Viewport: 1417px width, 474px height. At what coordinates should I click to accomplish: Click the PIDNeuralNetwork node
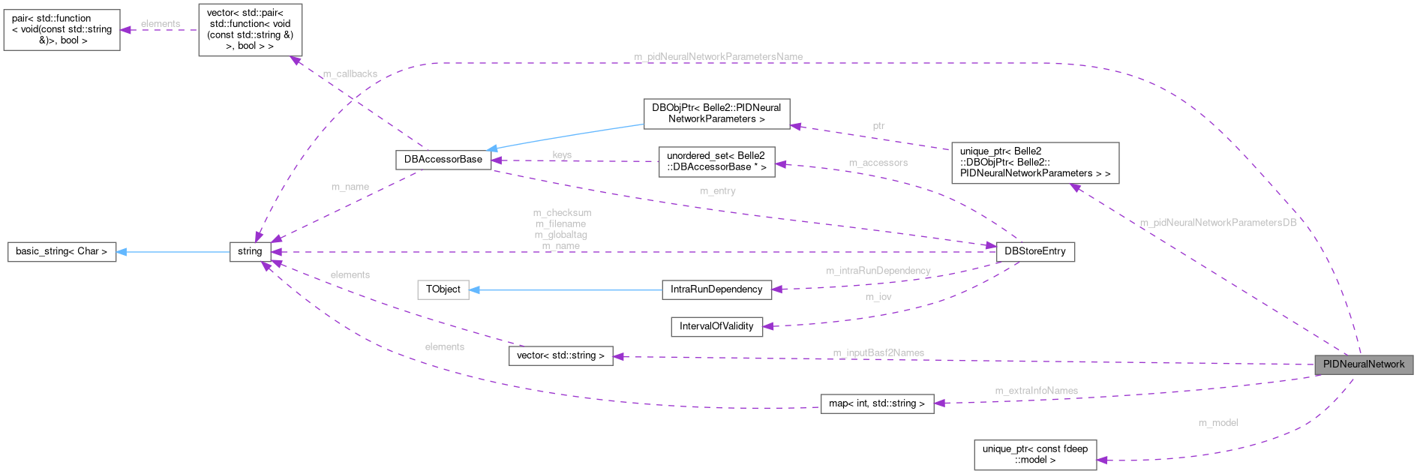coord(1363,364)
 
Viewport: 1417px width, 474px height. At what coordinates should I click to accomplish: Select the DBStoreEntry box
coord(1034,251)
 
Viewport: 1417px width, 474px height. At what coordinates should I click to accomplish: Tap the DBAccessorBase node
coord(443,159)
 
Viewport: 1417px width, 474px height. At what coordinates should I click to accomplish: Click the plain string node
coord(250,251)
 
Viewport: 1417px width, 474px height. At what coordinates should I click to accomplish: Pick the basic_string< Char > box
coord(62,251)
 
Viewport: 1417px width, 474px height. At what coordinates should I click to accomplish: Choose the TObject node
coord(443,289)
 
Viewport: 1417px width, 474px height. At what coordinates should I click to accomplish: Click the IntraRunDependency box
coord(716,289)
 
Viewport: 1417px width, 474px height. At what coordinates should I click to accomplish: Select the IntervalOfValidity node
coord(716,326)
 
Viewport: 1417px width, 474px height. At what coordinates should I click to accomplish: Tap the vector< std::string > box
coord(560,355)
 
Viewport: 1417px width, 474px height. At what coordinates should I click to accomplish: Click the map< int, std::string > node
coord(877,403)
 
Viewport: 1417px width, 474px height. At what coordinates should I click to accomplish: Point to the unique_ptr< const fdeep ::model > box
coord(1034,454)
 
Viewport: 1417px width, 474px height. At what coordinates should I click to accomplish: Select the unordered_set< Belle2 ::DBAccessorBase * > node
coord(716,161)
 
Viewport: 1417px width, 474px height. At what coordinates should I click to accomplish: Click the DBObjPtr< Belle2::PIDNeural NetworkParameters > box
coord(716,113)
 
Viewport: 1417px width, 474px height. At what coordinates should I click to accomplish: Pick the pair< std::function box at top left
coord(62,30)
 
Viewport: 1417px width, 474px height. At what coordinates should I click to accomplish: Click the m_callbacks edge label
coord(350,74)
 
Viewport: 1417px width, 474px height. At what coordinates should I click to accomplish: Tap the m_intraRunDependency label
coord(878,271)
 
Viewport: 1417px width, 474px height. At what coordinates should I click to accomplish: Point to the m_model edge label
coord(1218,423)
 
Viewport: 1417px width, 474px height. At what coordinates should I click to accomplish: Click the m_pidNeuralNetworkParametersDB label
coord(1217,223)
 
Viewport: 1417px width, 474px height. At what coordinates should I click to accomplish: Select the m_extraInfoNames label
coord(1036,391)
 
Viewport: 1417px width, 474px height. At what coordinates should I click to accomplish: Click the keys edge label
coord(562,154)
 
